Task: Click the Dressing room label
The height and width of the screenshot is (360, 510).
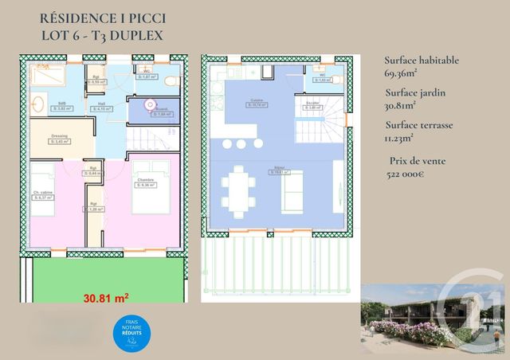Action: point(59,137)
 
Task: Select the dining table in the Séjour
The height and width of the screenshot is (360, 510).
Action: point(238,191)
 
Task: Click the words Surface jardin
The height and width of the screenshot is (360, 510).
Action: point(414,92)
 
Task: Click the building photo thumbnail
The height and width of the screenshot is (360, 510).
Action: point(434,318)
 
